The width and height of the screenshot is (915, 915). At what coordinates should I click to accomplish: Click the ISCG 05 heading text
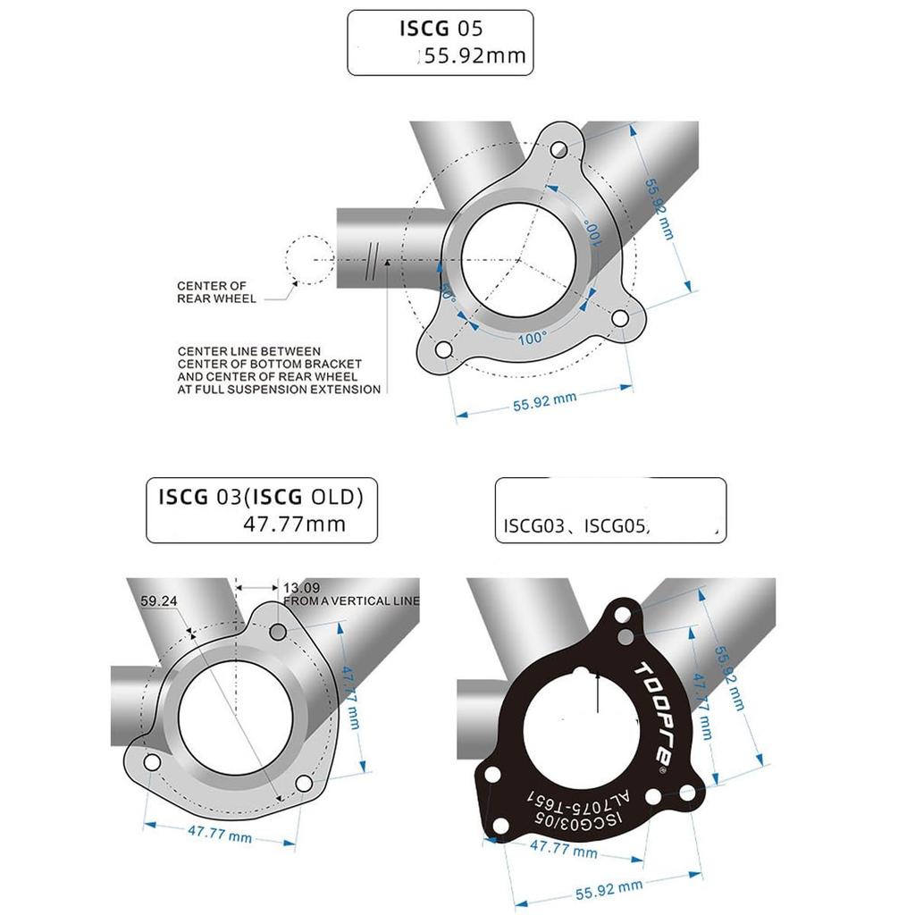[441, 28]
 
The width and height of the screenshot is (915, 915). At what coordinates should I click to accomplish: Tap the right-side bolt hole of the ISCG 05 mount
[619, 317]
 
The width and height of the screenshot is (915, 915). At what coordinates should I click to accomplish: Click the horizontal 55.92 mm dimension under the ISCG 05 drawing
[544, 400]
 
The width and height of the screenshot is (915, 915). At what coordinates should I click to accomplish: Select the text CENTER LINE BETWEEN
[248, 351]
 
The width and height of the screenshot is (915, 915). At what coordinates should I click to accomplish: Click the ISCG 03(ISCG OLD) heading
[261, 496]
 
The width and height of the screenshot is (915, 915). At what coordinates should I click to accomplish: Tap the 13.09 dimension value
[300, 587]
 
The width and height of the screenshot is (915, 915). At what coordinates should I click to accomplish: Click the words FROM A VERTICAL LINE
[350, 601]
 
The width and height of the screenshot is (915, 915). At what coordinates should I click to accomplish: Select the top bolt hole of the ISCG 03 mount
[278, 632]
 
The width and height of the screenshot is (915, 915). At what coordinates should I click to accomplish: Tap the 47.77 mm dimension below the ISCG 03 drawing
[219, 835]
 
